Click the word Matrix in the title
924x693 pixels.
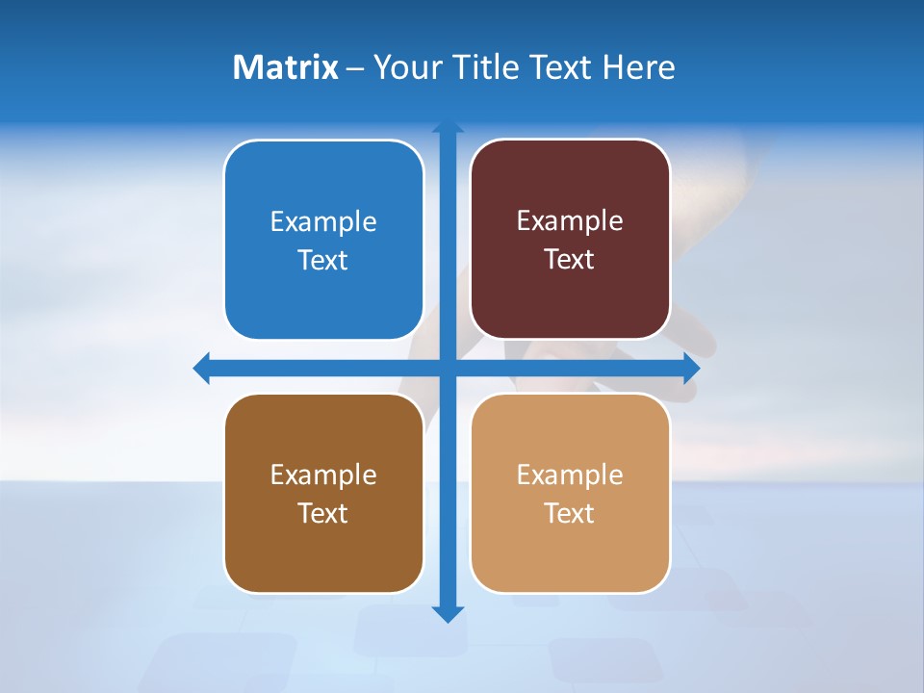point(285,67)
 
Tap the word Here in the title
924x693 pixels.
point(638,67)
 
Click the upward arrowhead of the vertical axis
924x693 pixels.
point(448,127)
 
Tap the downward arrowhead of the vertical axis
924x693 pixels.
point(448,613)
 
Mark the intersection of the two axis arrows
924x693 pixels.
point(448,368)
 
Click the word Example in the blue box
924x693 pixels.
point(323,222)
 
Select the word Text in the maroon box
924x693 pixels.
point(570,260)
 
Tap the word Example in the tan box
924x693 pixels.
point(570,475)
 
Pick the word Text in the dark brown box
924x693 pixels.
point(323,513)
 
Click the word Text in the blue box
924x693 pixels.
point(323,261)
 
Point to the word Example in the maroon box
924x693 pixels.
point(570,221)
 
